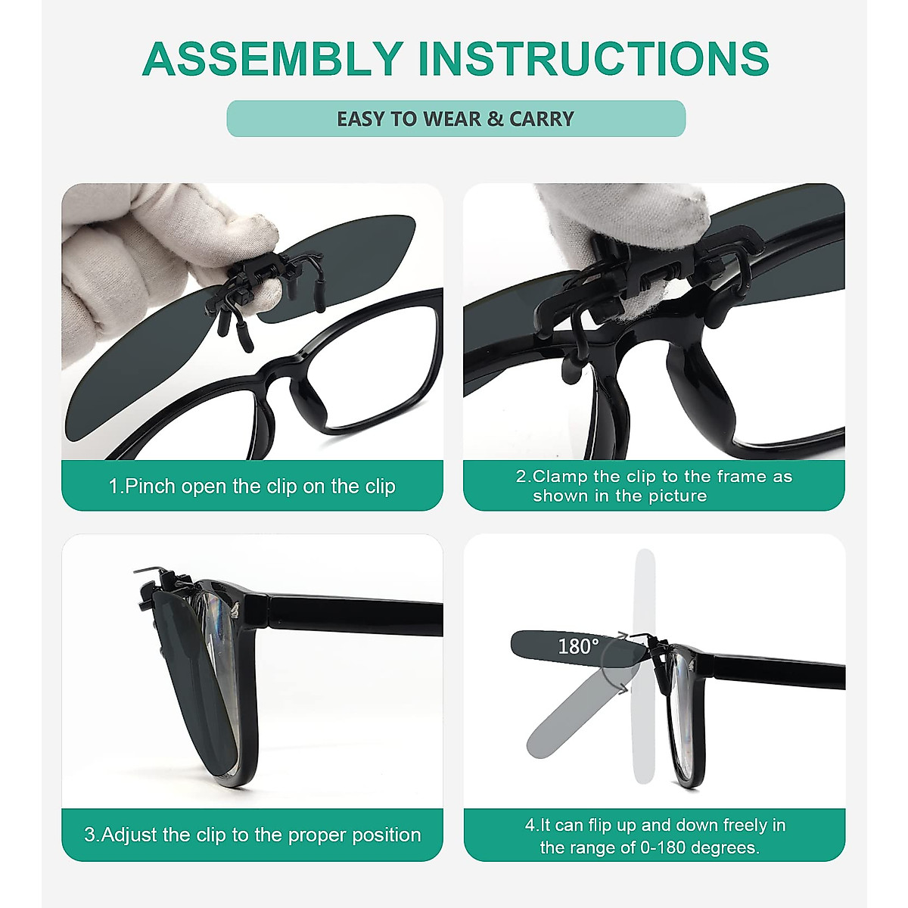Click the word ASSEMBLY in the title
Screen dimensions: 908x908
click(x=272, y=59)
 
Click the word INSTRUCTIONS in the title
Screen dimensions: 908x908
click(x=593, y=59)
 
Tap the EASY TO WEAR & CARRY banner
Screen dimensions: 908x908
click(x=456, y=119)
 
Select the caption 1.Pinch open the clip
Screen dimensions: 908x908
click(x=252, y=486)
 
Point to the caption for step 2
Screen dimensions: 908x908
click(x=654, y=486)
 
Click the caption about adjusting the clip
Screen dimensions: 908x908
click(x=252, y=835)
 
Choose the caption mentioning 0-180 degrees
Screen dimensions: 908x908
click(x=654, y=835)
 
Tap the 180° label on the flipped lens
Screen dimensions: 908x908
click(x=578, y=646)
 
